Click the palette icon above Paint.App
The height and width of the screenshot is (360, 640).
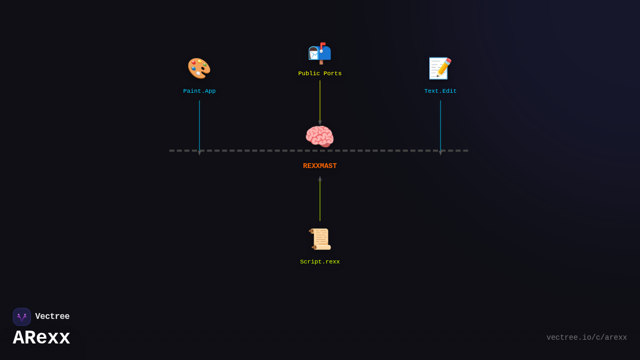[199, 68]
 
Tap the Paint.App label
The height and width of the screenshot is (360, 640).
[199, 91]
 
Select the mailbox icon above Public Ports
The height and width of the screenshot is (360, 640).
[319, 53]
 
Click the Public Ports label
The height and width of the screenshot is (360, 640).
[320, 74]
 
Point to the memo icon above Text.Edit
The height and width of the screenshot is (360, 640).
[440, 68]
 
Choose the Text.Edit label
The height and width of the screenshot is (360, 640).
[441, 91]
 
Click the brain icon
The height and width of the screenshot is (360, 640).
[319, 137]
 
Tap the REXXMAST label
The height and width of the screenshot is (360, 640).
[320, 166]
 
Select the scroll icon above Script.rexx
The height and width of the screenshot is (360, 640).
[320, 239]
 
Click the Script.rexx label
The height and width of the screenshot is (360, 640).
[320, 262]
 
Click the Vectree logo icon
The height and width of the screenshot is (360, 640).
[22, 317]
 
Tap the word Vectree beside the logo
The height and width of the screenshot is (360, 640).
[52, 317]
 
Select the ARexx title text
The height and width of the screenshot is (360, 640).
[42, 338]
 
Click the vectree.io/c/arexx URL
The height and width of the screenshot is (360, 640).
[587, 338]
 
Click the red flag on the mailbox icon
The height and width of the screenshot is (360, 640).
[323, 45]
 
